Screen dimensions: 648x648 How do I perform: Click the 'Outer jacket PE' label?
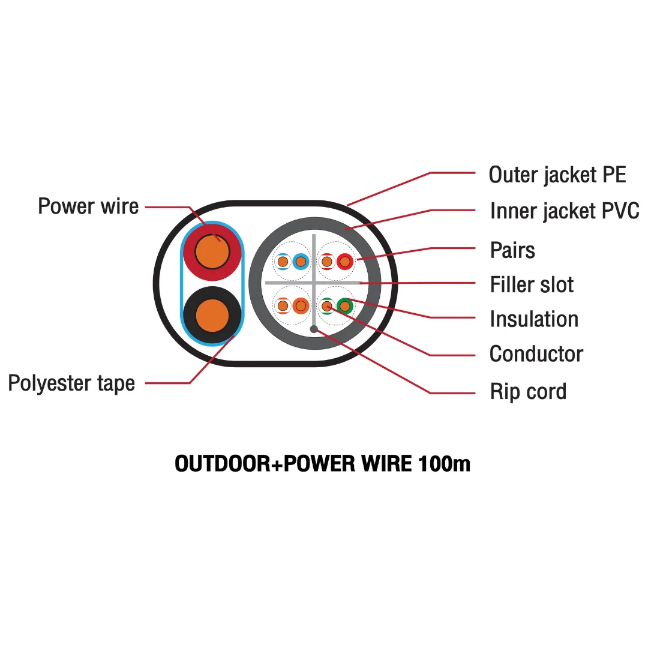[557, 175]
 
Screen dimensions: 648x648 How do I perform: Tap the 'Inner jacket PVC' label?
[565, 211]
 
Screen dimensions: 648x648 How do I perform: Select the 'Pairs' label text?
[512, 250]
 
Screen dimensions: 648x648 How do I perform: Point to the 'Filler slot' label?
[532, 284]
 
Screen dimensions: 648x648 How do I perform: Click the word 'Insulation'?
[534, 319]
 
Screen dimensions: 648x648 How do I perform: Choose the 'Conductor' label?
[536, 354]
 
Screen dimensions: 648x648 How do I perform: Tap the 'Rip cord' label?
[528, 391]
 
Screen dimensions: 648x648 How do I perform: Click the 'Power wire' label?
[88, 206]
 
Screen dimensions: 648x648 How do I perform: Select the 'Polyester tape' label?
[71, 383]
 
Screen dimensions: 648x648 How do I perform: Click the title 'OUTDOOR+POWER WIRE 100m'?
[322, 463]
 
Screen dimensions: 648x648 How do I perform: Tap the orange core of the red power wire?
[212, 251]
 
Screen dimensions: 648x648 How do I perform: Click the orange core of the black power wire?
[212, 316]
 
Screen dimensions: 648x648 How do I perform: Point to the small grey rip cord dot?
[314, 329]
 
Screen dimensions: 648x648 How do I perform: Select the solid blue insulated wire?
[301, 262]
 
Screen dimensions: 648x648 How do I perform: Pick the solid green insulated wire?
[344, 306]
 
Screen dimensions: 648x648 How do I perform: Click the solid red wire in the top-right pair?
[344, 262]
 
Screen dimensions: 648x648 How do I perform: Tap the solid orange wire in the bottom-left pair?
[301, 306]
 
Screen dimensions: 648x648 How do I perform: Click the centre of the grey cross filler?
[314, 283]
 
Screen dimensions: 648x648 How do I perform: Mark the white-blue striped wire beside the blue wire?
[283, 262]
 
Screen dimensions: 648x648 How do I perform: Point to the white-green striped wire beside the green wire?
[327, 306]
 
